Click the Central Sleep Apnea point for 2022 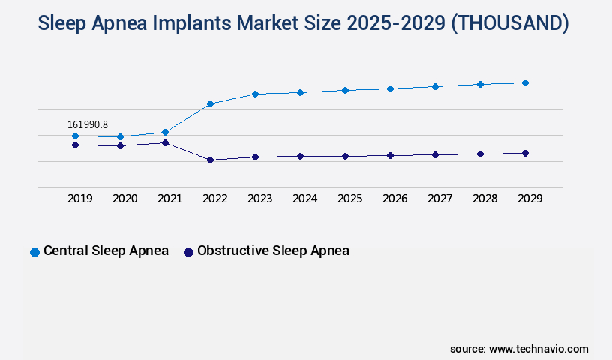pyautogui.click(x=210, y=103)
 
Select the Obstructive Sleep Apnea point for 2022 pyautogui.click(x=210, y=160)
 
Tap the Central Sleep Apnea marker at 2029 pyautogui.click(x=525, y=82)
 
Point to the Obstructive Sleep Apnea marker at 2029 pyautogui.click(x=525, y=153)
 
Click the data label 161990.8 pyautogui.click(x=88, y=124)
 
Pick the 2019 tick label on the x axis pyautogui.click(x=80, y=199)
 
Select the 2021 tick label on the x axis pyautogui.click(x=170, y=199)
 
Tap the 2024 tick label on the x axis pyautogui.click(x=305, y=199)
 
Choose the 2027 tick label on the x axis pyautogui.click(x=440, y=199)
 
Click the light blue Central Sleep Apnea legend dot pyautogui.click(x=34, y=252)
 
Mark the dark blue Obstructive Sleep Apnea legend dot pyautogui.click(x=188, y=252)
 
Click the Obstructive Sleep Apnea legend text pyautogui.click(x=273, y=250)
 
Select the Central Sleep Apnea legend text pyautogui.click(x=106, y=250)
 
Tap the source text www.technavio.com pyautogui.click(x=538, y=349)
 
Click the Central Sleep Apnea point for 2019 pyautogui.click(x=75, y=136)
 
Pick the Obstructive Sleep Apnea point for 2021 pyautogui.click(x=165, y=142)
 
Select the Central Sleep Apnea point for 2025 pyautogui.click(x=345, y=90)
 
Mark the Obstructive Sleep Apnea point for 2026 pyautogui.click(x=390, y=155)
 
